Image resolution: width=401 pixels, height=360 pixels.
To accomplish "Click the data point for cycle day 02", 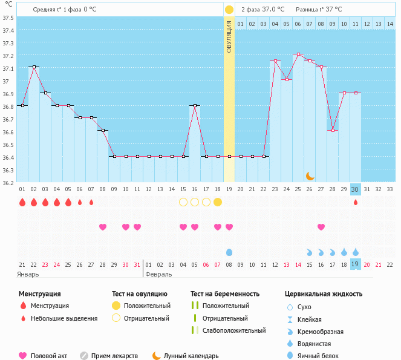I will pyautogui.click(x=34, y=67).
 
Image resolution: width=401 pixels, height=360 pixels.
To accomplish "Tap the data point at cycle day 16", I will pyautogui.click(x=195, y=105).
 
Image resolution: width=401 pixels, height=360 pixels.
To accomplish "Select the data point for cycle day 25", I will pyautogui.click(x=298, y=54).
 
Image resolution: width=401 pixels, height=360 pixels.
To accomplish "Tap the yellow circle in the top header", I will pyautogui.click(x=229, y=10).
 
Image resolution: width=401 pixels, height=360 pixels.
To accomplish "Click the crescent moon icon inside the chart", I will pyautogui.click(x=310, y=175).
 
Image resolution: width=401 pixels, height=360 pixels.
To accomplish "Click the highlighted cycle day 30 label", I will pyautogui.click(x=356, y=189).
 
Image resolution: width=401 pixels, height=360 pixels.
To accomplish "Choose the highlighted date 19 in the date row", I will pyautogui.click(x=356, y=264).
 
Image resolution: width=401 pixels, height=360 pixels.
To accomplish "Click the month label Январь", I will pyautogui.click(x=28, y=274).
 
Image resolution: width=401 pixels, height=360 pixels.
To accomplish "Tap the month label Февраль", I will pyautogui.click(x=159, y=274).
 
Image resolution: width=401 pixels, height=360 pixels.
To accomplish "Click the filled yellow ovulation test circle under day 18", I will pyautogui.click(x=218, y=202).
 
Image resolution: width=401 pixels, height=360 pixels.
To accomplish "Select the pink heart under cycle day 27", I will pyautogui.click(x=321, y=227).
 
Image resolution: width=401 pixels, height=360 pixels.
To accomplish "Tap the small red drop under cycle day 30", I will pyautogui.click(x=356, y=202).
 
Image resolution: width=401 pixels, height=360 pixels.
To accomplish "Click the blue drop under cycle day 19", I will pyautogui.click(x=229, y=252).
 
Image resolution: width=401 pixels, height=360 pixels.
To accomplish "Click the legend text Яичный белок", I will pyautogui.click(x=322, y=356).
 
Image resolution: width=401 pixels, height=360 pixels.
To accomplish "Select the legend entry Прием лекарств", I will pyautogui.click(x=114, y=356).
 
